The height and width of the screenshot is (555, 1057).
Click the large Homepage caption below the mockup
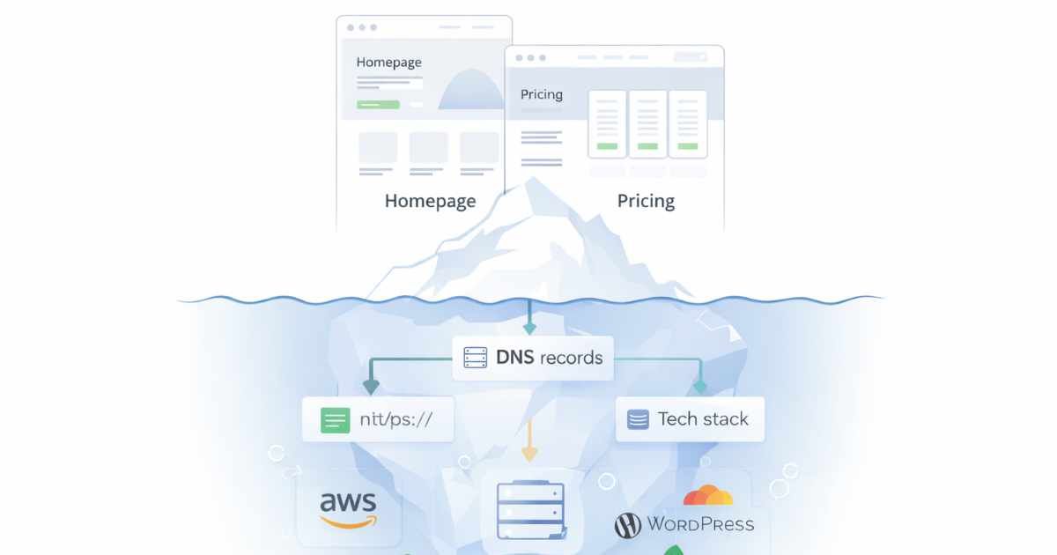[x=430, y=201]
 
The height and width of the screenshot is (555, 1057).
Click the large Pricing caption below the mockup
[x=646, y=201]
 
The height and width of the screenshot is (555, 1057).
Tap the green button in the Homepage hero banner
[x=378, y=104]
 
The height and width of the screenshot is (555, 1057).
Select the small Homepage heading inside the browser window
[x=388, y=63]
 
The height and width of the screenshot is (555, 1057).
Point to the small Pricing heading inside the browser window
[x=541, y=94]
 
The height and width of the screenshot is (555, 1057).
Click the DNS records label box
[x=532, y=358]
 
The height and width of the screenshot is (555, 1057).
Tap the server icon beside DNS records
[x=475, y=358]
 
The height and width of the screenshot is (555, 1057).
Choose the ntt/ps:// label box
[x=378, y=419]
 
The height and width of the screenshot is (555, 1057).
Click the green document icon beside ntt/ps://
[x=335, y=419]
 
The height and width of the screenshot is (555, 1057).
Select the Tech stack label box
[x=690, y=419]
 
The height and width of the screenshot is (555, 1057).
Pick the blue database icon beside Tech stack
[x=638, y=419]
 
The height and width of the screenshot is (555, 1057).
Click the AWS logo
[x=348, y=509]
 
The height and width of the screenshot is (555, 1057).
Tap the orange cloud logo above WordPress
[x=707, y=495]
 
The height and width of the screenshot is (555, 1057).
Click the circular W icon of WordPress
[x=627, y=526]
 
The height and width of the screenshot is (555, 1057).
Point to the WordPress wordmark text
[x=700, y=524]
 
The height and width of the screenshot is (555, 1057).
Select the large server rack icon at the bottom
[x=528, y=511]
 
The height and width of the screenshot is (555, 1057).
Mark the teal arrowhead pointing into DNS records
[x=528, y=329]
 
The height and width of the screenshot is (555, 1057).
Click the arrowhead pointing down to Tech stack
[x=699, y=387]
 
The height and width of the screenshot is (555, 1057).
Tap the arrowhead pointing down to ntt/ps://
[x=371, y=387]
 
